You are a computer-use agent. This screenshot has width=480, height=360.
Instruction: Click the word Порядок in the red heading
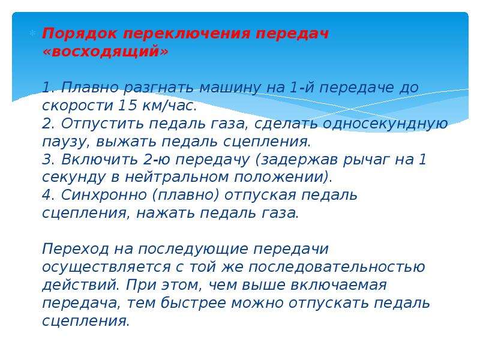click(x=80, y=34)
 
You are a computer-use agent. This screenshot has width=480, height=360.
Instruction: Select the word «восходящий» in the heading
click(x=106, y=52)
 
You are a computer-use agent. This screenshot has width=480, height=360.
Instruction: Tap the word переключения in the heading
click(x=187, y=34)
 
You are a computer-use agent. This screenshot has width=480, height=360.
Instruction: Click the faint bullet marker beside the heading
click(x=33, y=33)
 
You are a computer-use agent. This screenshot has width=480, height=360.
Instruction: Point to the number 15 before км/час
click(x=127, y=106)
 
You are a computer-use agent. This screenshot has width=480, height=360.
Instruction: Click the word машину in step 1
click(x=230, y=88)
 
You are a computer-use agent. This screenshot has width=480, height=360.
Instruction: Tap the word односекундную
click(x=385, y=124)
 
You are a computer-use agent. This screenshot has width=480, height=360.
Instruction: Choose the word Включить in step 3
click(x=100, y=159)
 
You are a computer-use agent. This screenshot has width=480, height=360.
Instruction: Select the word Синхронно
click(x=104, y=196)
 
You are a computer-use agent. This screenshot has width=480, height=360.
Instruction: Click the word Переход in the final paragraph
click(x=76, y=249)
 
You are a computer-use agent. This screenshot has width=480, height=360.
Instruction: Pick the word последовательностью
click(x=337, y=267)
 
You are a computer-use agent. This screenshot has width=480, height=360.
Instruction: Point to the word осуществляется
click(x=106, y=268)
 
